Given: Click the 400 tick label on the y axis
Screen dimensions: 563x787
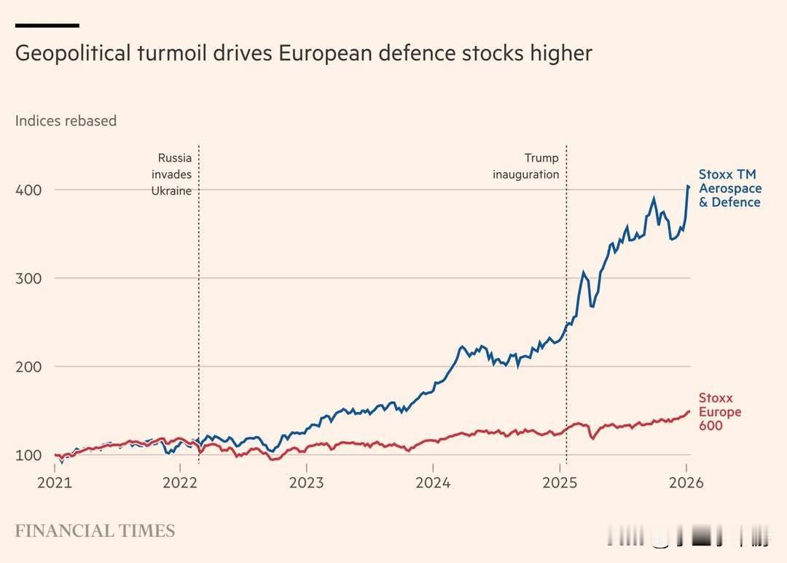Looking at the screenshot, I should point(28,190).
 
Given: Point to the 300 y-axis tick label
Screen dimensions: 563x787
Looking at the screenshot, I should point(28,278).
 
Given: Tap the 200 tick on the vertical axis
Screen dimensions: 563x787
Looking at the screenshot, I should point(28,367).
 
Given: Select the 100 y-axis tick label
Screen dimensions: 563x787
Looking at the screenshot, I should point(28,455).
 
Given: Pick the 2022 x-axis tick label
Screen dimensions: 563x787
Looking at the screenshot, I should point(180,483).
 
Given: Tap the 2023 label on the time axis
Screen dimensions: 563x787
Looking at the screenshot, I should point(307,483).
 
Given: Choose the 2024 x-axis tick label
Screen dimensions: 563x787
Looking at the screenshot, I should point(433,483).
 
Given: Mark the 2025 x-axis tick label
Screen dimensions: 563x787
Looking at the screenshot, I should point(560,483).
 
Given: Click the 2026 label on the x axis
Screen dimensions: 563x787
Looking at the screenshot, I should point(685,483).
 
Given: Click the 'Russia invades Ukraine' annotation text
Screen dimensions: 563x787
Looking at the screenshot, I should point(172,174).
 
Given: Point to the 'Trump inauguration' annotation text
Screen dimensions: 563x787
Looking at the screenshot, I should point(526,166).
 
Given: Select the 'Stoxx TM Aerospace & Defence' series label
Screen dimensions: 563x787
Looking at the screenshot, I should point(729,188).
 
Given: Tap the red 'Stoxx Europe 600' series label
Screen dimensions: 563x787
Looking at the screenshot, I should point(720,412).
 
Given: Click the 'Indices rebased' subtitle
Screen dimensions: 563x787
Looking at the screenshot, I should point(66,121).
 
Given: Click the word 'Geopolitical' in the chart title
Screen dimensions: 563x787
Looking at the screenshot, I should point(71,54).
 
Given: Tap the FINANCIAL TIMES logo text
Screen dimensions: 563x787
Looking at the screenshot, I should point(95,531).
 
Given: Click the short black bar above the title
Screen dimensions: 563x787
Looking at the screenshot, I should point(47,26).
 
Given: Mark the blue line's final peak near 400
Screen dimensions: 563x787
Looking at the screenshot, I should point(688,187).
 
